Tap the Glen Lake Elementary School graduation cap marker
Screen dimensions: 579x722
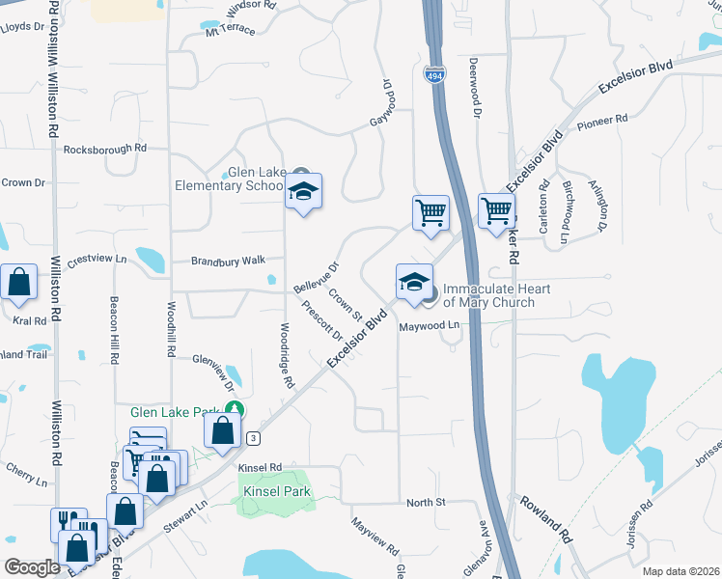tap(303, 193)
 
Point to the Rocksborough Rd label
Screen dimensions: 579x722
tap(104, 149)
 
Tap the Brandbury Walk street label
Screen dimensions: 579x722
tap(228, 261)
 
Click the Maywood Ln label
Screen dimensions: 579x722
tap(430, 327)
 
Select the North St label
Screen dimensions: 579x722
tap(425, 502)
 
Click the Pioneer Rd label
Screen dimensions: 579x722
tap(601, 123)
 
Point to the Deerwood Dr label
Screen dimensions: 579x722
tap(475, 86)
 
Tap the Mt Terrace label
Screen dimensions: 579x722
tap(230, 30)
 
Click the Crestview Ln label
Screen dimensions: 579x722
tap(97, 259)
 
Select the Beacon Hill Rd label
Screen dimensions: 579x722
tap(114, 329)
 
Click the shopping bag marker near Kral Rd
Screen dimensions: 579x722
tap(19, 284)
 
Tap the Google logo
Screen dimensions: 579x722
tap(32, 567)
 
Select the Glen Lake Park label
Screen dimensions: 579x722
tap(176, 412)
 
